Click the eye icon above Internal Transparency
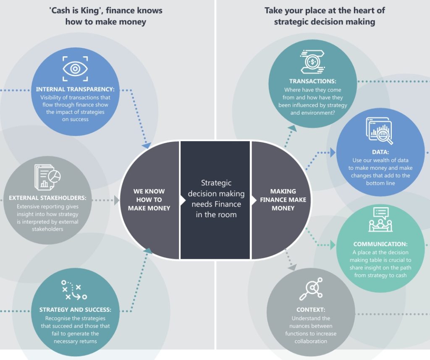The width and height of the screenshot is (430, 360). (76, 68)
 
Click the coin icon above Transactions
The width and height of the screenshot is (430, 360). (313, 62)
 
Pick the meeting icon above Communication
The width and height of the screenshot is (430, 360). (380, 220)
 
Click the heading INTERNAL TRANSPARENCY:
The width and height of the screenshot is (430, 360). (75, 89)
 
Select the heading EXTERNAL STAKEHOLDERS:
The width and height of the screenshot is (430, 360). (47, 198)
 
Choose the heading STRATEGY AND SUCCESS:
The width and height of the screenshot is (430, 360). (75, 310)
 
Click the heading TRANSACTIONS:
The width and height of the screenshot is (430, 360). (313, 81)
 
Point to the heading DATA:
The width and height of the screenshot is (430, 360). (380, 152)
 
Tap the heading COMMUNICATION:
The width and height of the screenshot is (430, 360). (380, 244)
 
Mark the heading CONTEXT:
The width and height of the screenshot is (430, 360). (311, 310)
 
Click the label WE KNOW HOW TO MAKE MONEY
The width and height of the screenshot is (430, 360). (149, 200)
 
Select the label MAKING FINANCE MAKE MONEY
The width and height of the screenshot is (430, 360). (283, 200)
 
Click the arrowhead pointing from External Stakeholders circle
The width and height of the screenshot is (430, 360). (117, 200)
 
